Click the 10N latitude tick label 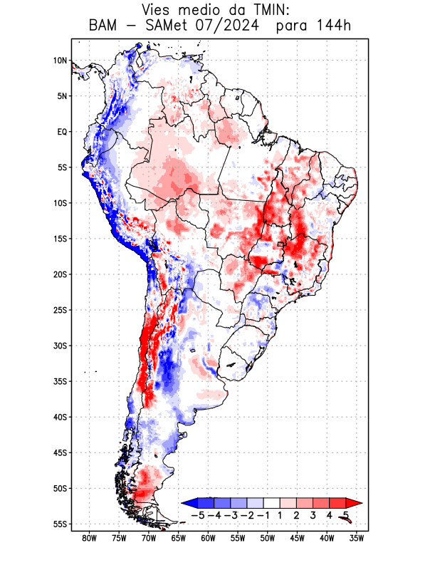(x=60, y=61)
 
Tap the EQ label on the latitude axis (x=62, y=132)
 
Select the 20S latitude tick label (x=60, y=274)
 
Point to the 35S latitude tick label (x=60, y=381)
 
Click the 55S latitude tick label (x=60, y=524)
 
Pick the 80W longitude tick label (x=89, y=539)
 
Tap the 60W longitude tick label (x=208, y=539)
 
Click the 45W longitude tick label (x=297, y=539)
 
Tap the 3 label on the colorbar (x=313, y=515)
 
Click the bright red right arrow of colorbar (x=355, y=502)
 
